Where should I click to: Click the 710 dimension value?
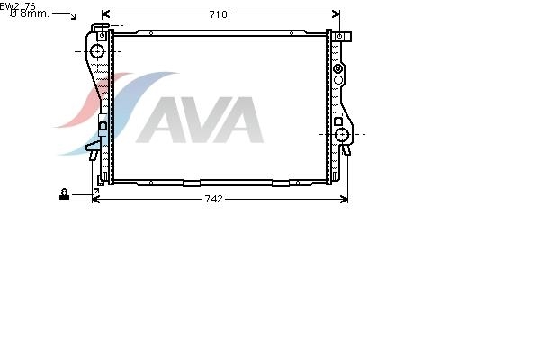(219, 14)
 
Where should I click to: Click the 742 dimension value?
(214, 199)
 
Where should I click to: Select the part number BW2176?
(18, 6)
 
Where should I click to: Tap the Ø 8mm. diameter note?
(30, 13)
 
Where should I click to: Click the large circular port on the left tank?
(97, 51)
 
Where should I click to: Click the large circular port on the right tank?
(342, 135)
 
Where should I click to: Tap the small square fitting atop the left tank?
(102, 35)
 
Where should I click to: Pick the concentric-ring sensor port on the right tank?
(338, 68)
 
